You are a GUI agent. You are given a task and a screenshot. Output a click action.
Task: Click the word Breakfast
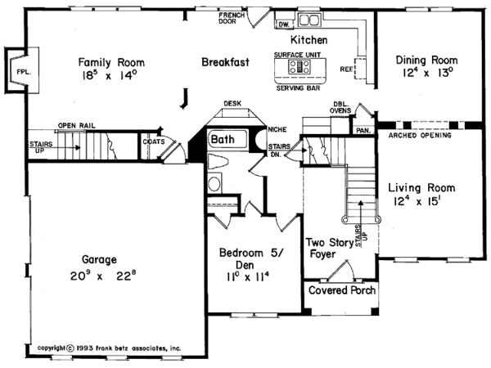tap(226, 61)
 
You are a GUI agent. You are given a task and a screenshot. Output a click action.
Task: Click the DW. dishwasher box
tap(284, 25)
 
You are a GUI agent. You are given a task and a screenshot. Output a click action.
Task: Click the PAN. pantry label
tap(362, 130)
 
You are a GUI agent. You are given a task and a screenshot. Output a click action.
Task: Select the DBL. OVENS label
tap(342, 109)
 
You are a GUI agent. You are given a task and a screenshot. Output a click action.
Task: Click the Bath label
tap(223, 140)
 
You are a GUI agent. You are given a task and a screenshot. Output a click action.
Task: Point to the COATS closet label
tap(153, 141)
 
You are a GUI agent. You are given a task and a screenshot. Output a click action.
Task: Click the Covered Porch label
tap(340, 291)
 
